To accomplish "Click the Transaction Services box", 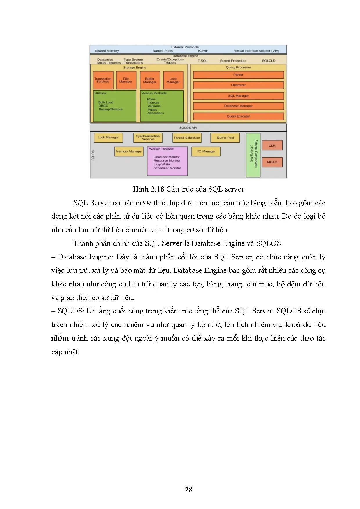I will pos(103,80).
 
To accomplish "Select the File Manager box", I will pos(126,80).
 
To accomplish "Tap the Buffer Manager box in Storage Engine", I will pos(150,80).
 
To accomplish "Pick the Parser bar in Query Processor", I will pos(238,75).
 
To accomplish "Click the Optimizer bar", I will pos(238,85).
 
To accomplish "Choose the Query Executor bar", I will pos(238,116).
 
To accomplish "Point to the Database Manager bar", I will pos(238,106).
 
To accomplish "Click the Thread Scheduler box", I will pos(187,138).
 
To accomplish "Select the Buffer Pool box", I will pos(225,138).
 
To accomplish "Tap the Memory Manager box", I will pos(129,151).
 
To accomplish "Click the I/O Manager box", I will pos(206,151).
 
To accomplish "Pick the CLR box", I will pos(272,146).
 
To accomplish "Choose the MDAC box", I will pos(272,162).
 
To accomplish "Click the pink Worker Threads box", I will pos(167,161).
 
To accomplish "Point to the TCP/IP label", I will pos(203,51).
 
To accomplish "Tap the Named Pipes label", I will pos(163,51).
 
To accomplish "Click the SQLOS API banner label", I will pos(188,128).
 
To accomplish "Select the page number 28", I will pos(188,490).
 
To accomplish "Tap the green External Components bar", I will pos(253,155).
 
